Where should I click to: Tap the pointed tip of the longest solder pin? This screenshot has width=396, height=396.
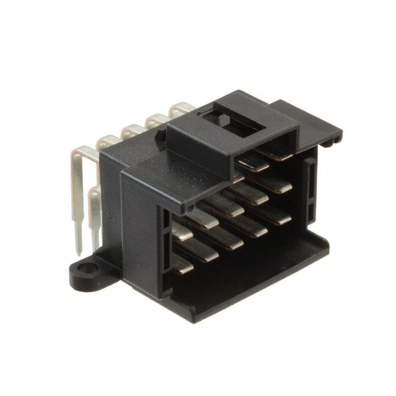tap(78, 252)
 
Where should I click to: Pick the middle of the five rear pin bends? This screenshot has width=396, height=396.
tap(132, 129)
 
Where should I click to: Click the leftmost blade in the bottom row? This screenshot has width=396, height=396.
tap(181, 264)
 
